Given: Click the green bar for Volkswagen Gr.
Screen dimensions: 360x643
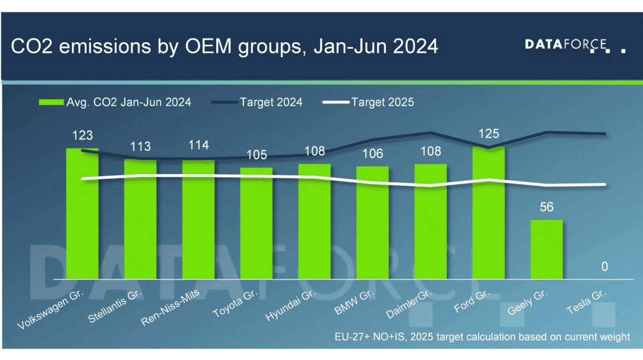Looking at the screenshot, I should pyautogui.click(x=82, y=214).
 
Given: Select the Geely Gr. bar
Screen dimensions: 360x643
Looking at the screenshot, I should pyautogui.click(x=546, y=250).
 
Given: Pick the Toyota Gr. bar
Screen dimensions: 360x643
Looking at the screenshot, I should pyautogui.click(x=256, y=223).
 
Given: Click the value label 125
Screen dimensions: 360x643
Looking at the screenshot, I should pyautogui.click(x=488, y=134).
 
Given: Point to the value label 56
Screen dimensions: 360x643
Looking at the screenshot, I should pyautogui.click(x=546, y=207).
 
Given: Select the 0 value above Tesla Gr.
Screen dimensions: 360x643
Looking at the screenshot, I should pyautogui.click(x=604, y=267).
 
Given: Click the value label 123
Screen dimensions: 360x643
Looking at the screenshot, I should pyautogui.click(x=82, y=135).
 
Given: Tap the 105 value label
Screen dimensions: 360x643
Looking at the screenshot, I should pyautogui.click(x=256, y=155).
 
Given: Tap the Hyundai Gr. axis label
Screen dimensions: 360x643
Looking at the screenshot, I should pyautogui.click(x=290, y=307).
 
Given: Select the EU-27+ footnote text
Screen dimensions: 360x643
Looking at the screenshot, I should pyautogui.click(x=482, y=337).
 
